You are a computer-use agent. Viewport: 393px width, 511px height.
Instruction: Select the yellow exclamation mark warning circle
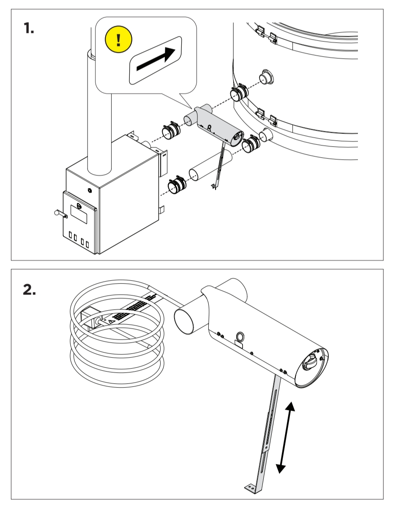point(118,40)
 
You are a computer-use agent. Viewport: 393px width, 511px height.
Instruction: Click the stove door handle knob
point(57,213)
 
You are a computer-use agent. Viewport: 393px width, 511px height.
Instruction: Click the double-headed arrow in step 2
point(285,437)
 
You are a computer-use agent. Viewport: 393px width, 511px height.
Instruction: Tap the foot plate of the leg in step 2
point(253,488)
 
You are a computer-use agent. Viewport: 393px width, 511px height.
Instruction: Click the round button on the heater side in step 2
point(240,336)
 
